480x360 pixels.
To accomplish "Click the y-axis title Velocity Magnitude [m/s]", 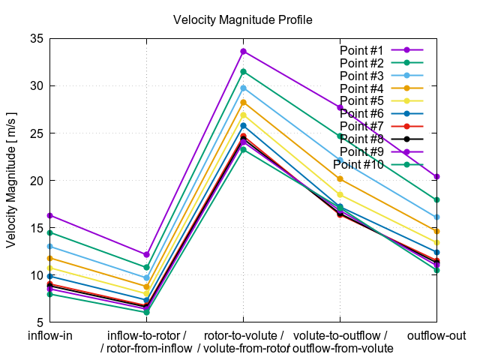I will pos(11,181).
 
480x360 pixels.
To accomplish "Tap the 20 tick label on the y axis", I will pos(35,181).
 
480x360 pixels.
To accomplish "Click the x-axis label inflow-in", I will pos(49,335).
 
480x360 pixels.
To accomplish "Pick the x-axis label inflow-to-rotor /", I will pos(147,335).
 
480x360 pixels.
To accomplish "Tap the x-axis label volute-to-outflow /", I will pos(340,335).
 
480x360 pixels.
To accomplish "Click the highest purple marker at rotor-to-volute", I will pos(243,51).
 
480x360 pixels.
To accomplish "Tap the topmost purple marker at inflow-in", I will pos(49,215).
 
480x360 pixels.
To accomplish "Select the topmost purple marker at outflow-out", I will pos(436,176).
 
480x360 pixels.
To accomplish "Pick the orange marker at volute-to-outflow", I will pos(340,179).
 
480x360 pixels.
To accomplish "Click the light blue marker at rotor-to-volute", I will pos(243,88).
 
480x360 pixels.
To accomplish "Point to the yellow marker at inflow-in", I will pos(49,268).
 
